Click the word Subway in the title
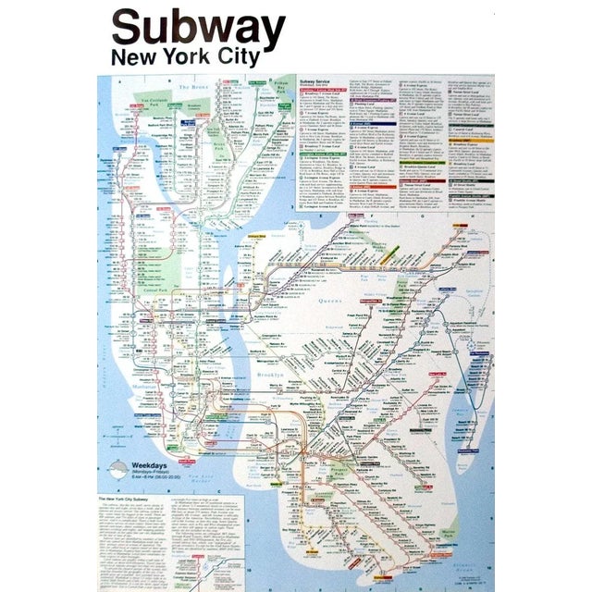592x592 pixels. click(x=198, y=31)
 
